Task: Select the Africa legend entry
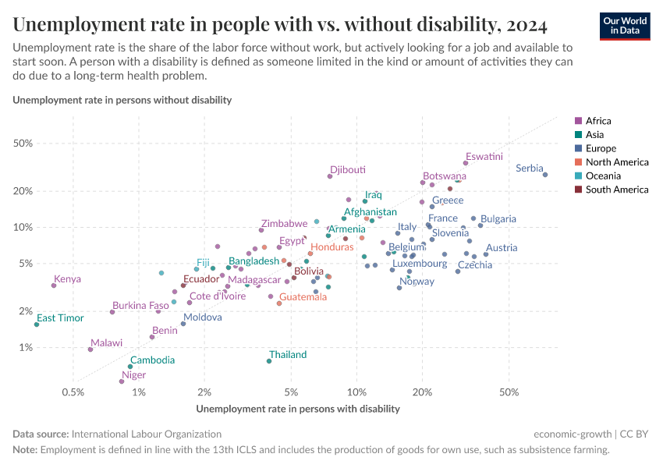coord(597,121)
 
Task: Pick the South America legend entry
coord(616,190)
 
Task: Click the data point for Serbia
coord(545,175)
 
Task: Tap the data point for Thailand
coord(269,361)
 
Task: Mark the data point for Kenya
coord(54,285)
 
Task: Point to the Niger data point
coord(122,381)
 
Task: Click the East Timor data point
coord(37,324)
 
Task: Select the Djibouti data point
coord(330,176)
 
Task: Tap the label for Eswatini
coord(484,157)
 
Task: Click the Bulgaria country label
coord(498,219)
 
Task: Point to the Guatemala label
coord(303,297)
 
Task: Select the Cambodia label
coord(152,360)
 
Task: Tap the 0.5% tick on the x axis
coord(73,392)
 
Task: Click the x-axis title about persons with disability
coord(298,408)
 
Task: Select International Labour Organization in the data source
coord(146,434)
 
